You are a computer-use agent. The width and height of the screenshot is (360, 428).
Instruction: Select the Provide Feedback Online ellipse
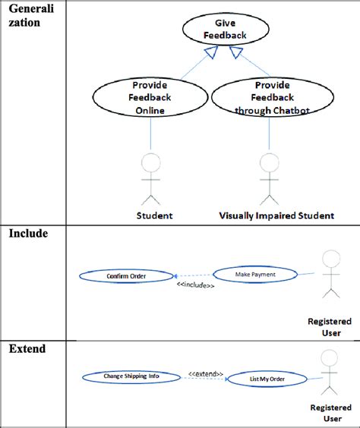(150, 96)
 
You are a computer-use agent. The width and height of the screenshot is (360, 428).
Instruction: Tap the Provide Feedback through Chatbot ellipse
(272, 96)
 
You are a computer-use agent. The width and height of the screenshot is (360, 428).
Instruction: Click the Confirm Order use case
(126, 276)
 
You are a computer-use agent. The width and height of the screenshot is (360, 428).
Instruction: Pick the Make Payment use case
(254, 274)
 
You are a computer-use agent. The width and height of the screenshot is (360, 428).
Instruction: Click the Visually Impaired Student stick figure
(268, 179)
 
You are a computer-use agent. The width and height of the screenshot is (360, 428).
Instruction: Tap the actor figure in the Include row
(330, 273)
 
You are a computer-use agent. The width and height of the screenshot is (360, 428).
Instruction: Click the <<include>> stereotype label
(195, 285)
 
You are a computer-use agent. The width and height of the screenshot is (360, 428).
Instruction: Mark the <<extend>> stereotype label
(206, 373)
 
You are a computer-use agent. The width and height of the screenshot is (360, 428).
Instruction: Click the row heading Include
(28, 234)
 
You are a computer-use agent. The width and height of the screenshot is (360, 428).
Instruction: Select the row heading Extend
(27, 349)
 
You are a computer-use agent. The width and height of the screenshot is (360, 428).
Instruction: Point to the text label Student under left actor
(154, 216)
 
